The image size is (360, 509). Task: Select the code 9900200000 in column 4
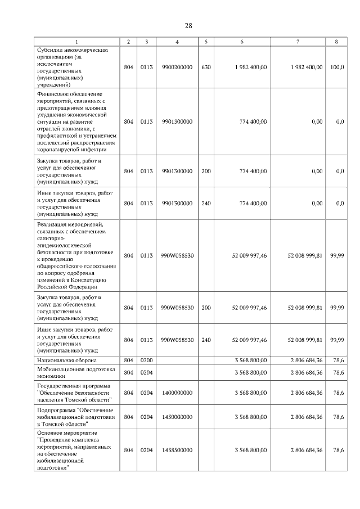tap(177, 67)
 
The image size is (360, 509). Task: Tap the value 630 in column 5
tap(206, 67)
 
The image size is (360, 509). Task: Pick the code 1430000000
tap(177, 417)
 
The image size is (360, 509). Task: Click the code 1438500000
tap(177, 450)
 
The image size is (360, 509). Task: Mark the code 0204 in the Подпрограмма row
tap(146, 417)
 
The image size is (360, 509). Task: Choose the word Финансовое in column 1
tap(53, 92)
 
